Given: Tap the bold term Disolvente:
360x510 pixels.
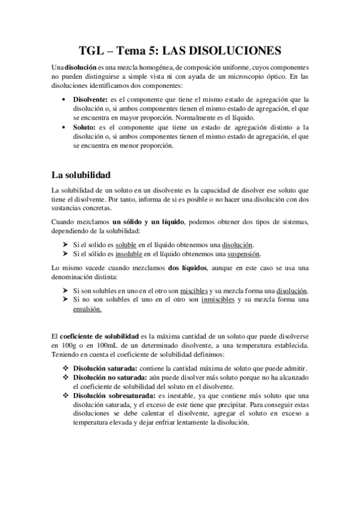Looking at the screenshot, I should point(90,99).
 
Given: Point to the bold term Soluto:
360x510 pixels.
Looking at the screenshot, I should point(85,127).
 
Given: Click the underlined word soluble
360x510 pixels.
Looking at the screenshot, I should point(127,245).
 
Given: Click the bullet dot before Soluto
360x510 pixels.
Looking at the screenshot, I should point(64,127).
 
